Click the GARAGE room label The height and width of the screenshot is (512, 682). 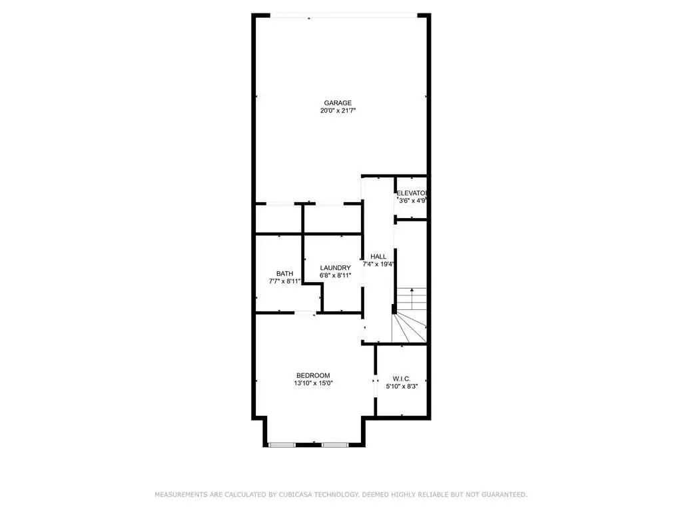(x=338, y=103)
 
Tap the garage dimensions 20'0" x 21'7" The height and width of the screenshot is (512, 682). (x=338, y=111)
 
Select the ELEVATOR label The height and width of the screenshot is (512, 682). (x=412, y=193)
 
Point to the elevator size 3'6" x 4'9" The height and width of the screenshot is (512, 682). (x=412, y=201)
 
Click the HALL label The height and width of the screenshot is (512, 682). (x=378, y=257)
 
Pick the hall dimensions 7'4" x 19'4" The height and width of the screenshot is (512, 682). (x=378, y=264)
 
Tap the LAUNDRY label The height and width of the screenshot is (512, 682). (x=336, y=268)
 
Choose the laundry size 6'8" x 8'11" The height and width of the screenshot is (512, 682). (x=336, y=275)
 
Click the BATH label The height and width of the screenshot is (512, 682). (x=285, y=274)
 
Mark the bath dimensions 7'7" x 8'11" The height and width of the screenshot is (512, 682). (x=285, y=281)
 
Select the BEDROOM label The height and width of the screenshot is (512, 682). (x=313, y=376)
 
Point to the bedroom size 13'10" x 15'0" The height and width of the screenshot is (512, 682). (x=313, y=383)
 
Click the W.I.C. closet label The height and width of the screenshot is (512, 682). (x=402, y=379)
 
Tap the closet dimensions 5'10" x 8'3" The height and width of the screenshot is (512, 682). (x=402, y=387)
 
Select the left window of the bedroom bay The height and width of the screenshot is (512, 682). (x=282, y=445)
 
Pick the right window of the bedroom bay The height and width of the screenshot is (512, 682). (x=335, y=445)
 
